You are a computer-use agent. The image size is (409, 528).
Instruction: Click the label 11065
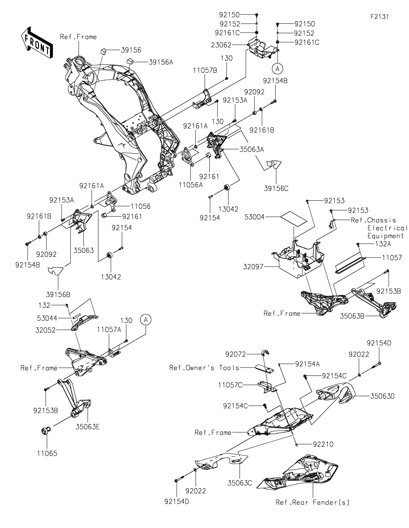pos(47,454)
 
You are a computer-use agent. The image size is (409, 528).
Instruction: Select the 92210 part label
pos(323,444)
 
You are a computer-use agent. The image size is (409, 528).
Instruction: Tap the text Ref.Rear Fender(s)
pos(312,502)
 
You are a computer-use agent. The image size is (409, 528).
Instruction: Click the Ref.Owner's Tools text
pos(204,368)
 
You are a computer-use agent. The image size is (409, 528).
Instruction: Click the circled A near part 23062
pos(278,69)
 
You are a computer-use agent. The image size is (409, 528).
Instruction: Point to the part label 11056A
pos(191,184)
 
